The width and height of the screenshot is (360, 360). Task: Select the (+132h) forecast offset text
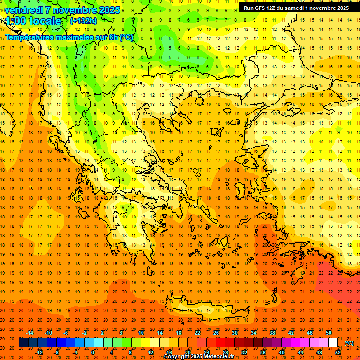83,21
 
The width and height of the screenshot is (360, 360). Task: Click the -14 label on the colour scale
30,333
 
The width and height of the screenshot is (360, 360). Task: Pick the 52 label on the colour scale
337,352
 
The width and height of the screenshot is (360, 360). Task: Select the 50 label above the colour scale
329,333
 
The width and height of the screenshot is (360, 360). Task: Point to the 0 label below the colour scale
93,352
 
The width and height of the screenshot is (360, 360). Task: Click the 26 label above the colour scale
216,333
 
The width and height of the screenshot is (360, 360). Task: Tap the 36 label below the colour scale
263,352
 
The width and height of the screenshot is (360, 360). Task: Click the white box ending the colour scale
333,343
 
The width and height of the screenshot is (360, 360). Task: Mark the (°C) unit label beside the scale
349,343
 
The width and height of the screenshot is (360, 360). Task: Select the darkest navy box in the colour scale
23,343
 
